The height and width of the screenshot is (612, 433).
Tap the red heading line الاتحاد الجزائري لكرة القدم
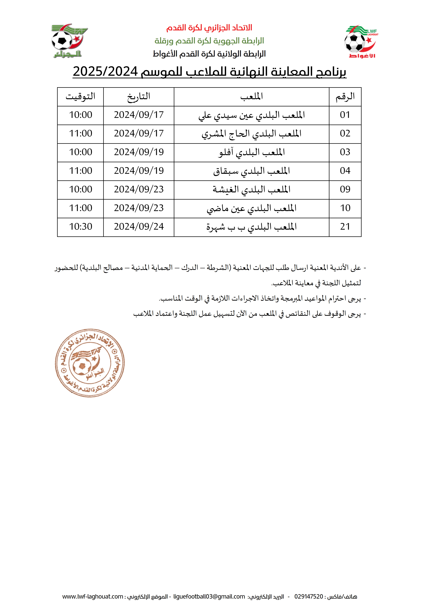[x=209, y=28]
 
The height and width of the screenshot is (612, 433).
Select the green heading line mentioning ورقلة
[x=209, y=41]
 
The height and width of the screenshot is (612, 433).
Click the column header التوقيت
[x=80, y=96]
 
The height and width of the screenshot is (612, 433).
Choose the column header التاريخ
[x=139, y=96]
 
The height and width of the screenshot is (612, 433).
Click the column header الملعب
[x=251, y=96]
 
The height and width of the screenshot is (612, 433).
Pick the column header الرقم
[x=345, y=96]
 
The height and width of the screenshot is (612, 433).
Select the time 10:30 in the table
[x=80, y=227]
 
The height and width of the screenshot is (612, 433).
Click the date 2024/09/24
[x=139, y=227]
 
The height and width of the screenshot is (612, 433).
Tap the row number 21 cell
[x=345, y=227]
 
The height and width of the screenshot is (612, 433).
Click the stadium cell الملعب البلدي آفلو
[x=251, y=152]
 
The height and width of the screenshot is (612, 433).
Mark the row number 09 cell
[x=345, y=189]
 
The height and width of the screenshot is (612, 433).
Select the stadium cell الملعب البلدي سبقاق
[x=251, y=171]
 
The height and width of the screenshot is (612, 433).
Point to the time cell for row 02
[x=80, y=133]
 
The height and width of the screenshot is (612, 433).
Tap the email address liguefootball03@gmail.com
[x=209, y=596]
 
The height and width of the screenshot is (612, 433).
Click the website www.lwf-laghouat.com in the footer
[x=93, y=596]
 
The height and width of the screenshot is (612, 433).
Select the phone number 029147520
[x=308, y=596]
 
